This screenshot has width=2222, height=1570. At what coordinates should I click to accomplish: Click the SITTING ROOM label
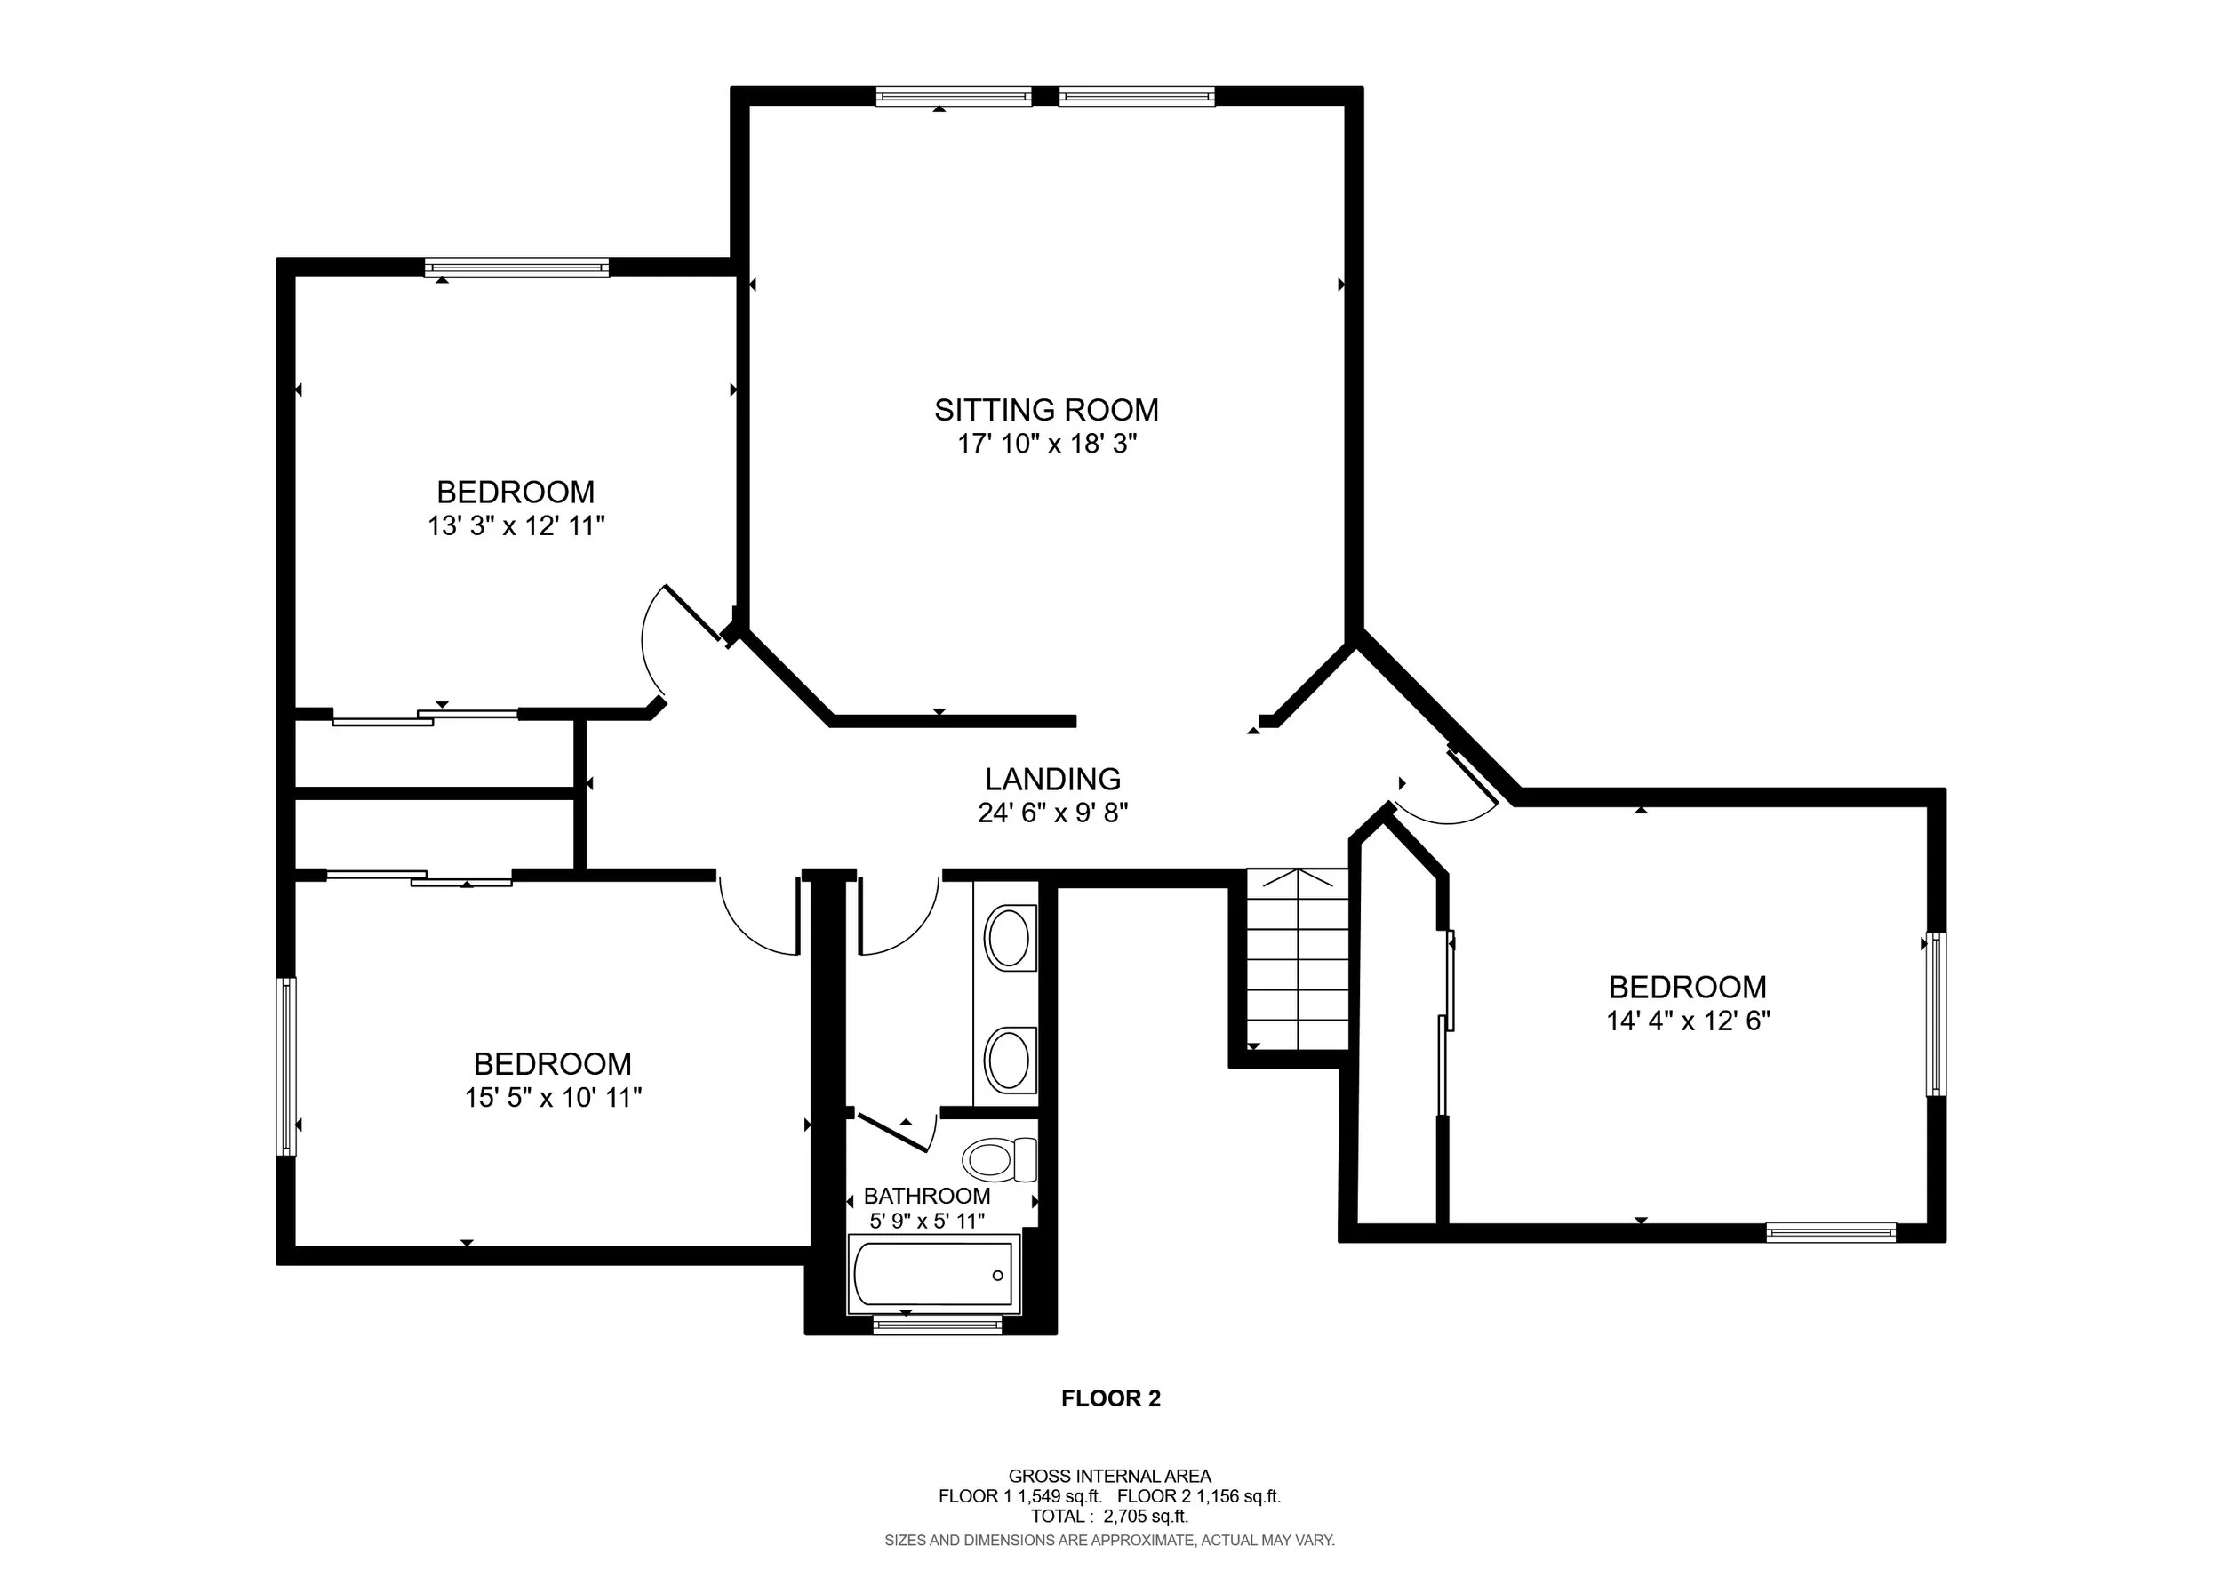coord(1046,410)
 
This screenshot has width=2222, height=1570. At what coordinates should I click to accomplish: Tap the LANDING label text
coord(1053,779)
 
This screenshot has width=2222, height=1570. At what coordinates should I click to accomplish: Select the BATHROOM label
coord(927,1197)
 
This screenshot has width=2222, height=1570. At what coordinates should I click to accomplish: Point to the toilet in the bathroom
coord(1000,1159)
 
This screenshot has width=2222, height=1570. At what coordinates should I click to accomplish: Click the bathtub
coord(934,1274)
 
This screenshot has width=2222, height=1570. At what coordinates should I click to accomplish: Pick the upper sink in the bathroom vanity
coord(1011,937)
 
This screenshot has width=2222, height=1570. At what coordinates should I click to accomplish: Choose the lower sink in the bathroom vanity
coord(1011,1060)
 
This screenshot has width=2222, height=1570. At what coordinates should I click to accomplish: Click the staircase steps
coord(1298,960)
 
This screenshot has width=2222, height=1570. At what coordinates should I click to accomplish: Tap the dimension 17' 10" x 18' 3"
coord(1047,445)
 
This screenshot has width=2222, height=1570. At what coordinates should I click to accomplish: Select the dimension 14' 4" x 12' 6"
coord(1689,1021)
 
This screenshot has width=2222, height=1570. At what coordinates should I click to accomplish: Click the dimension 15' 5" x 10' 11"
coord(554,1098)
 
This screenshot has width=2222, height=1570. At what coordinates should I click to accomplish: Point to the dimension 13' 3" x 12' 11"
coord(516,526)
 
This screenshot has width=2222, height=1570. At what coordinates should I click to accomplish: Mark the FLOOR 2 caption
coord(1111,1398)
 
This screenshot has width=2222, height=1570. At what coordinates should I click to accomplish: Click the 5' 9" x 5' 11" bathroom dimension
coord(927,1221)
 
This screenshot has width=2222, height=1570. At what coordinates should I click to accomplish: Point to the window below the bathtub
coord(937,1326)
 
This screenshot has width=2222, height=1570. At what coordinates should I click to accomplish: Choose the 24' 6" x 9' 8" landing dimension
coord(1054,813)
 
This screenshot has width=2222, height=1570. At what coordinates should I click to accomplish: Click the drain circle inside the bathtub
coord(998,1275)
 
